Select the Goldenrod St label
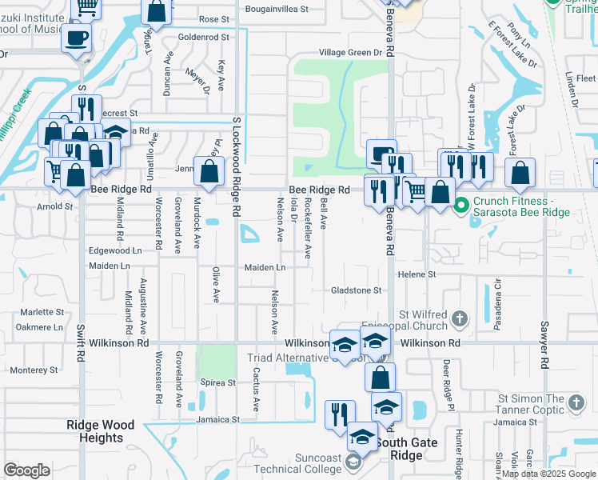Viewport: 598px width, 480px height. pos(204,37)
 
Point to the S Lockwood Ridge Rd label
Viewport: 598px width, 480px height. pos(237,166)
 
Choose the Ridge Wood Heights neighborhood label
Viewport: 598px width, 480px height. pos(101,432)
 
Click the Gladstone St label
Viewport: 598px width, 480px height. pos(356,290)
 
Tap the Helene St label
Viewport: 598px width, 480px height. pos(421,274)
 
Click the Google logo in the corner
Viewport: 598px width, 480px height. pos(26,470)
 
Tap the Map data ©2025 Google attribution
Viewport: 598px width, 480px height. pos(548,474)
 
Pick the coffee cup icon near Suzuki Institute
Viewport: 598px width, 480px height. pos(78,38)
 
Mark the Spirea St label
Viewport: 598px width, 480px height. pos(217,383)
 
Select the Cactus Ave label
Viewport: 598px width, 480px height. pos(257,390)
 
